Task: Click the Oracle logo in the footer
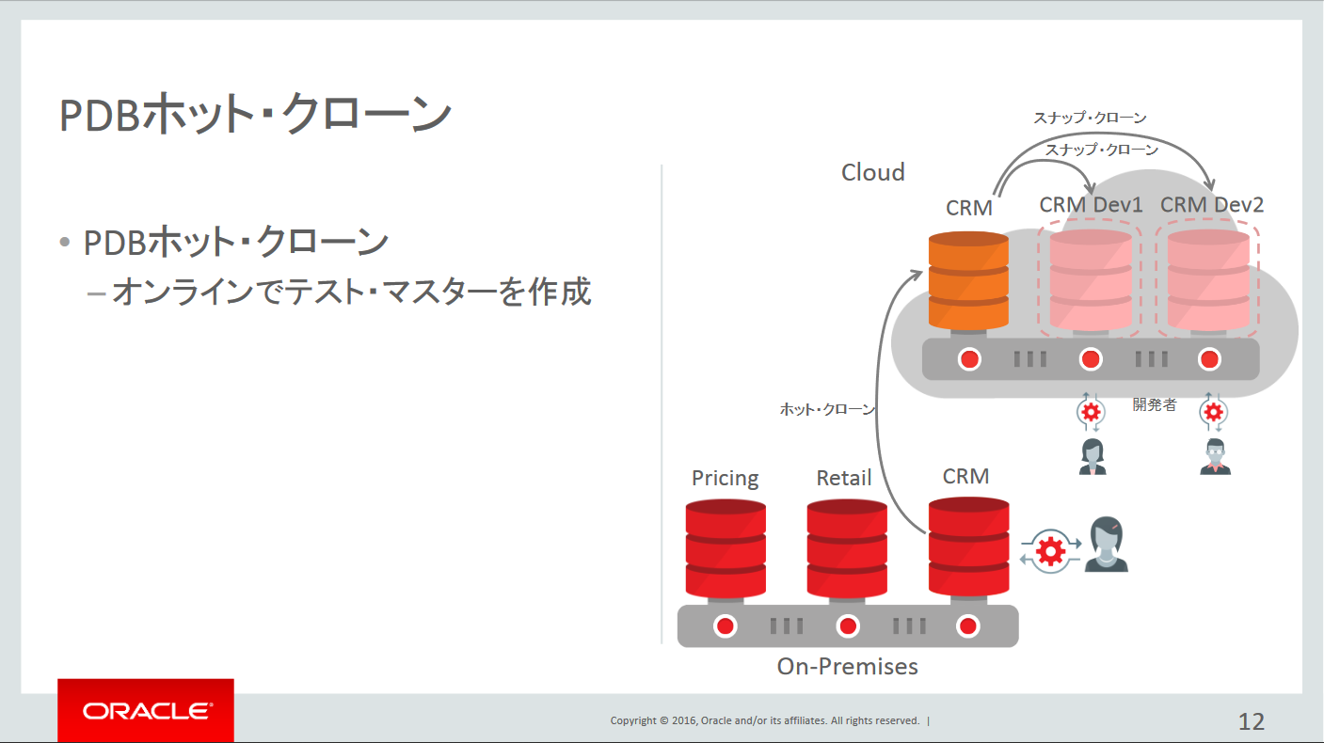tap(146, 711)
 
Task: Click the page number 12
tap(1251, 721)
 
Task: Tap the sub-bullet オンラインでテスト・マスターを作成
tap(350, 292)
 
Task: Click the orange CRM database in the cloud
tap(968, 280)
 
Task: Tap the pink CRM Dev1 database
tap(1090, 280)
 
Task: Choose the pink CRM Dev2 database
tap(1208, 280)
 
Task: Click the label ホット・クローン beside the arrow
tap(827, 409)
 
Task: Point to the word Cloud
tap(872, 172)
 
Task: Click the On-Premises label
tap(847, 667)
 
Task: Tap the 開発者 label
tap(1154, 405)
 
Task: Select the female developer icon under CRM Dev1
tap(1092, 457)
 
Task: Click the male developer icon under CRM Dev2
tap(1215, 457)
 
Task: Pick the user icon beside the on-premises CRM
tap(1106, 545)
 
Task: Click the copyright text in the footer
tap(764, 720)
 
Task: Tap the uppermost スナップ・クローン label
tap(1090, 118)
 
